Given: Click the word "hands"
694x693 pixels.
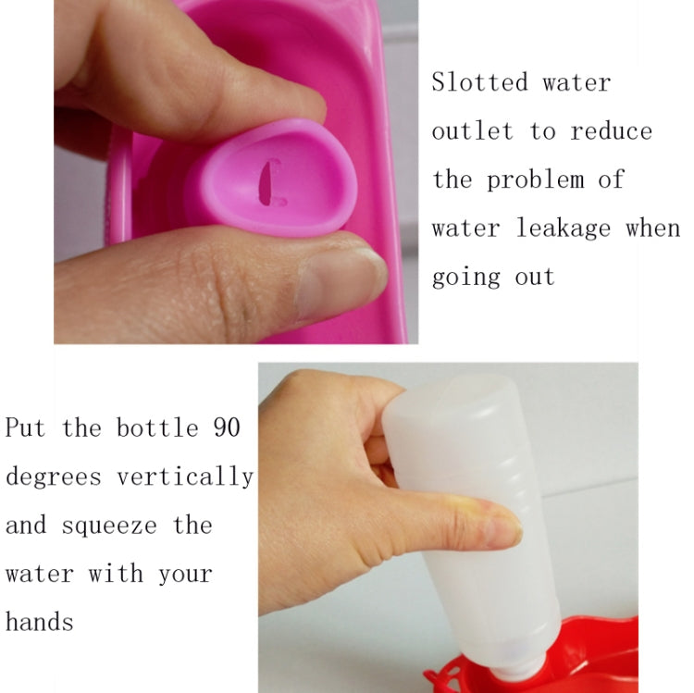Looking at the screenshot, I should pyautogui.click(x=40, y=622).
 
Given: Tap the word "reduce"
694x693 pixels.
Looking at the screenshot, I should pyautogui.click(x=612, y=131).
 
